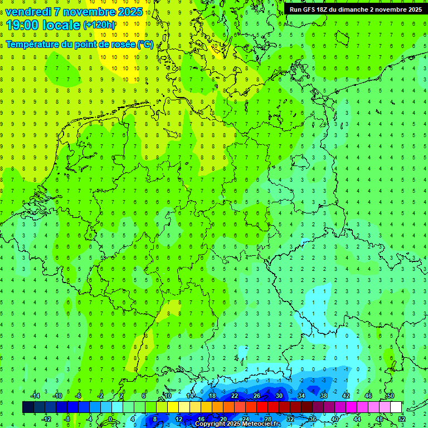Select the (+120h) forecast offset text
[99, 25]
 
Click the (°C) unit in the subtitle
[145, 44]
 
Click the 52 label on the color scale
[402, 419]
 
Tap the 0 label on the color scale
[110, 419]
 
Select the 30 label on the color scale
[279, 396]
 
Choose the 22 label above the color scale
[234, 396]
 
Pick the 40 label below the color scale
[334, 419]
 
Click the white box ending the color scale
[396, 407]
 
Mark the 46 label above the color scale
[368, 396]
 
